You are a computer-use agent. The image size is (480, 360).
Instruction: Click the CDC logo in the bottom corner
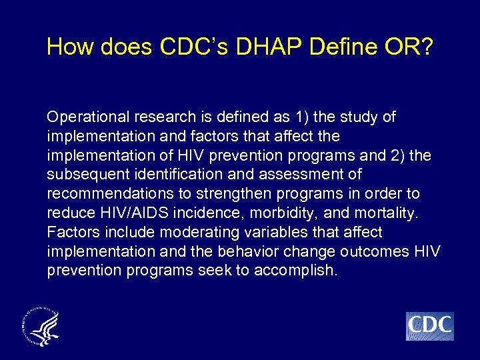tap(429, 326)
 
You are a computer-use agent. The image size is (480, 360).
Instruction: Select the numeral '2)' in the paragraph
tap(403, 156)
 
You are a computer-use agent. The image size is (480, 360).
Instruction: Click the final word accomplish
tap(295, 271)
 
